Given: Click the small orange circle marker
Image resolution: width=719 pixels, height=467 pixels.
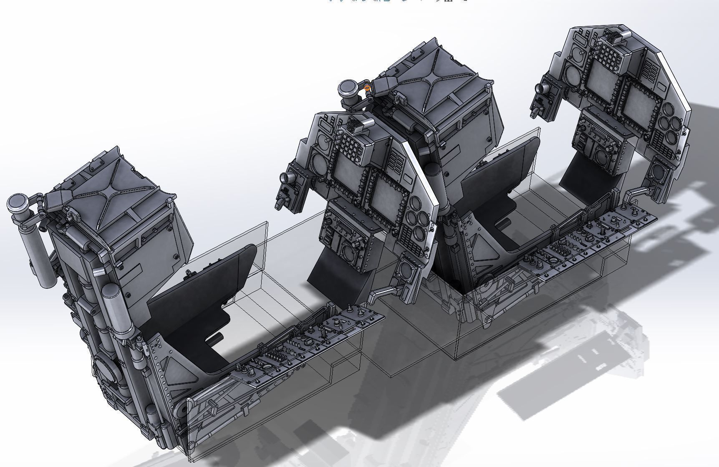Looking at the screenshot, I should coord(367,88).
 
